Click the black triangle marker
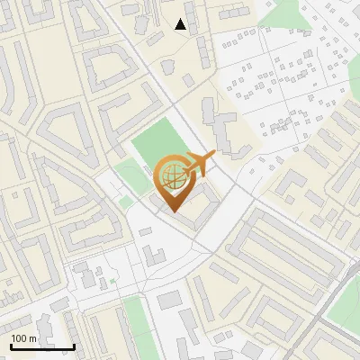coord(181,24)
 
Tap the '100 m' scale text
coord(23,337)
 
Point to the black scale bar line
coord(42,346)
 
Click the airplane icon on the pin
coord(200,163)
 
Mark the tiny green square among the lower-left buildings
coord(113,282)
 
